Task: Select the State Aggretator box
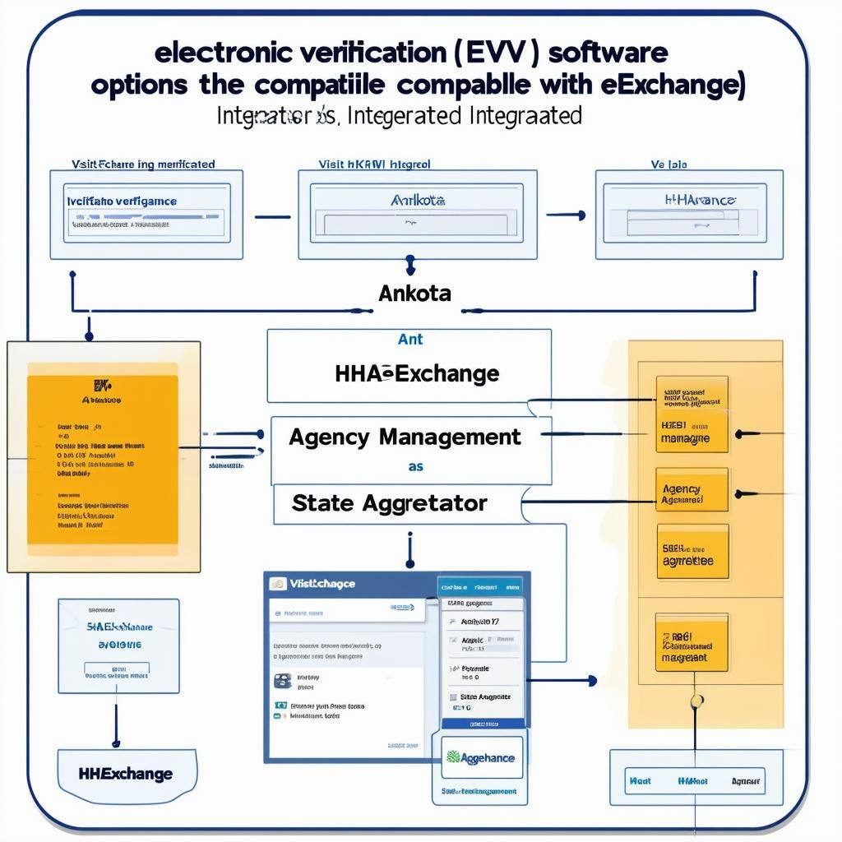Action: [390, 503]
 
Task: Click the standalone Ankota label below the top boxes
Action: [414, 294]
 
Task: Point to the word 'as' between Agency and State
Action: [416, 466]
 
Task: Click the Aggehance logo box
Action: [479, 758]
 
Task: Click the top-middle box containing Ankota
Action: [416, 213]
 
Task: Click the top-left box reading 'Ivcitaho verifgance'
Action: [146, 213]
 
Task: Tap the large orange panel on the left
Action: [103, 456]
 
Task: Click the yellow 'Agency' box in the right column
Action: [692, 492]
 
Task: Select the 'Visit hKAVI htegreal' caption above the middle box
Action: [374, 164]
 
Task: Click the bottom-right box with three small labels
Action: [696, 781]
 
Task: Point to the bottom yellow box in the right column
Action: [692, 646]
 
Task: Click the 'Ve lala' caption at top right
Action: [669, 164]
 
